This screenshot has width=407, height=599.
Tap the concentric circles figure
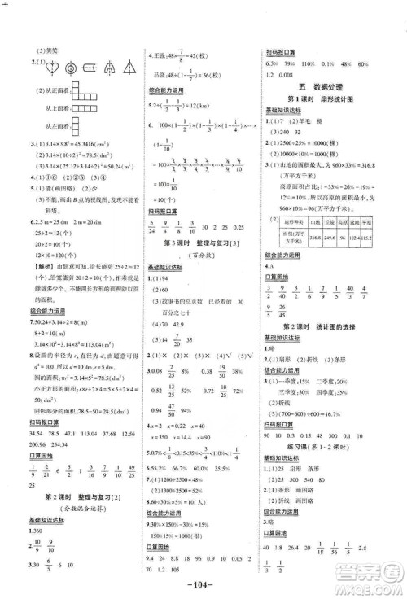coord(70,68)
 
